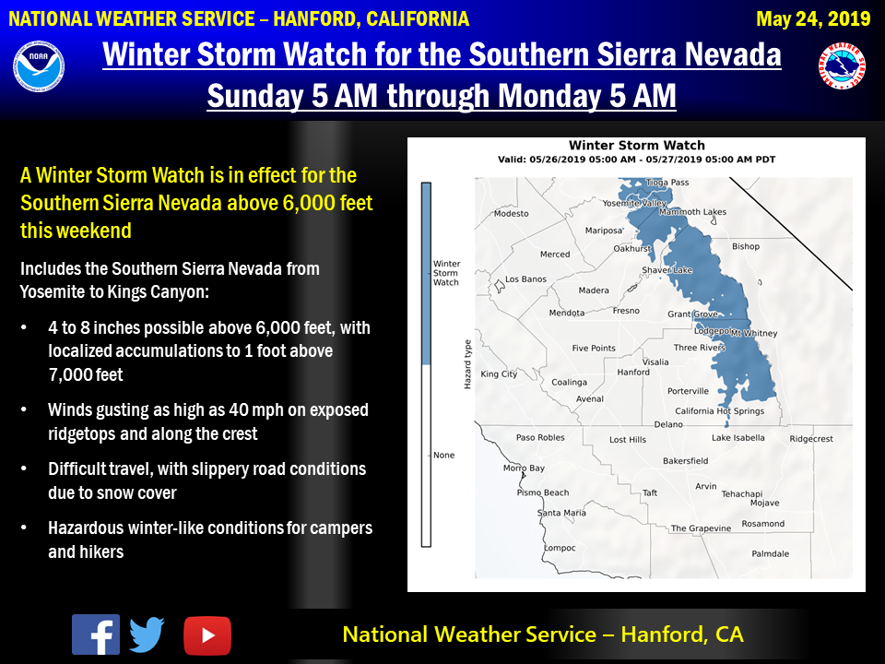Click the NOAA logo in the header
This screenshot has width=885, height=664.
point(39,65)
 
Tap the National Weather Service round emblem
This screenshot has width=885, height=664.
point(842,65)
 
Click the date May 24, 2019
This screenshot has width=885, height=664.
point(813,19)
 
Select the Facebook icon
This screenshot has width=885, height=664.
point(96,634)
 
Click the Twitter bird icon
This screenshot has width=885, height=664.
point(147,634)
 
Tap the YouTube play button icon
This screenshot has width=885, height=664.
point(207,635)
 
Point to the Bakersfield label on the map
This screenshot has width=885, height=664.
point(685,461)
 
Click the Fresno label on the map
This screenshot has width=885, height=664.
point(626,311)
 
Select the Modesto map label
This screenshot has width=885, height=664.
point(512,213)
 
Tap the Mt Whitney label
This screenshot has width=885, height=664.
point(754,333)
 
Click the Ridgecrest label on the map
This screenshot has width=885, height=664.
point(811,439)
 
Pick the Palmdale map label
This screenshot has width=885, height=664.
point(771,554)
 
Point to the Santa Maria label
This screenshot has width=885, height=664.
point(561,513)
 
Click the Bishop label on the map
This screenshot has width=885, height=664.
point(746,246)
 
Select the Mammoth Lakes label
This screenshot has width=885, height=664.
point(692,212)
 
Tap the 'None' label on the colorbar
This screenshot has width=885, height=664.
point(443,455)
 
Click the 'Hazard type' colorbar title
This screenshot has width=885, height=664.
point(467,364)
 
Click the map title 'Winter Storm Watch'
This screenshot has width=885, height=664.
point(637,146)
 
